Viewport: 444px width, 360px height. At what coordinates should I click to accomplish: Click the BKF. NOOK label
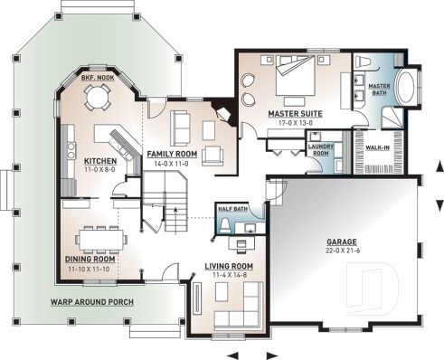[x=96, y=79]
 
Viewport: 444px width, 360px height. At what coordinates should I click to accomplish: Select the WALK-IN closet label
[x=377, y=146]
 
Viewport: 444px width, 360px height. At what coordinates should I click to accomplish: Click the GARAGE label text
[x=342, y=243]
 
